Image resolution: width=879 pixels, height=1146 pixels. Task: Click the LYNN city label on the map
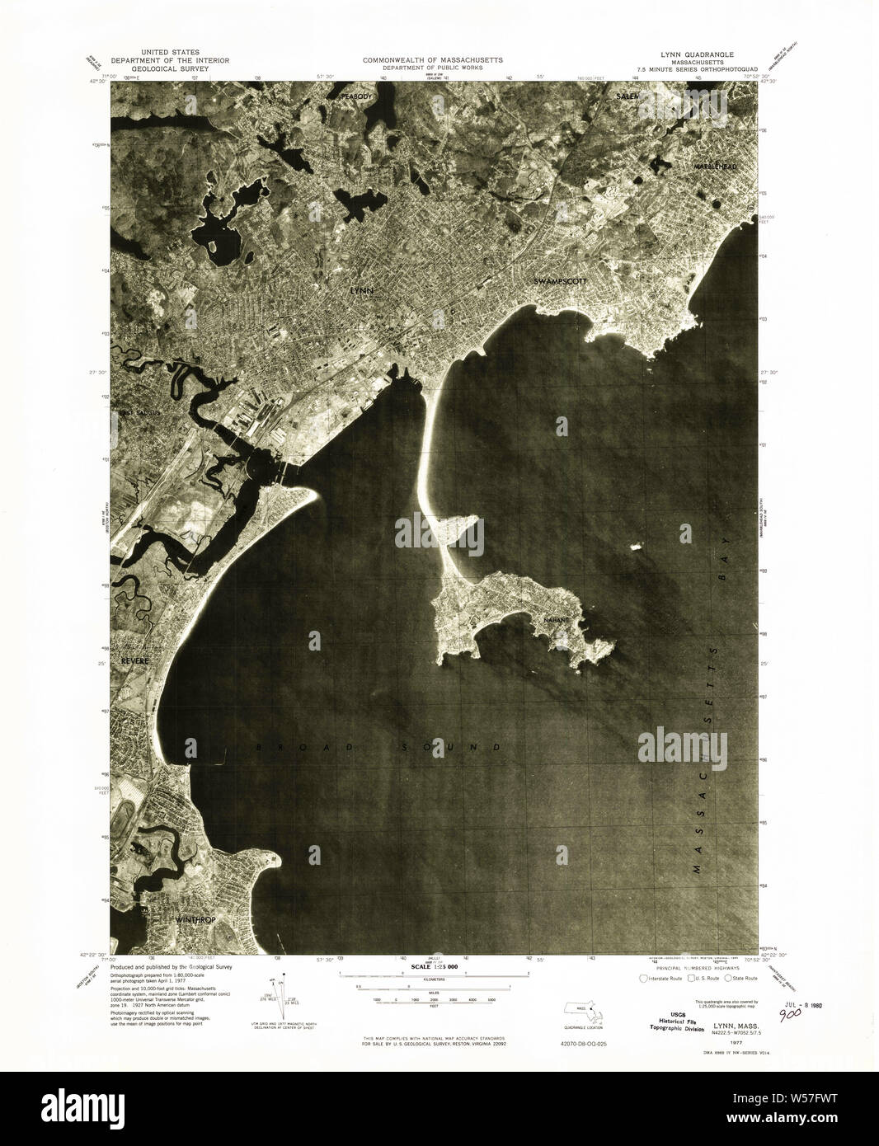click(x=362, y=291)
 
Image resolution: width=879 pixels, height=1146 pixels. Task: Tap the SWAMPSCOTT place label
click(x=560, y=281)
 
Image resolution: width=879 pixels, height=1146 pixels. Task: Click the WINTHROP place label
click(x=195, y=918)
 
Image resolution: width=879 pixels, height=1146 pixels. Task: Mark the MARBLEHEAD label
click(x=714, y=167)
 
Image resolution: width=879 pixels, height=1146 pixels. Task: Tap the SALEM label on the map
click(x=628, y=96)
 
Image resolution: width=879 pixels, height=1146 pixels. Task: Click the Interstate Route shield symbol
click(x=643, y=978)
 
